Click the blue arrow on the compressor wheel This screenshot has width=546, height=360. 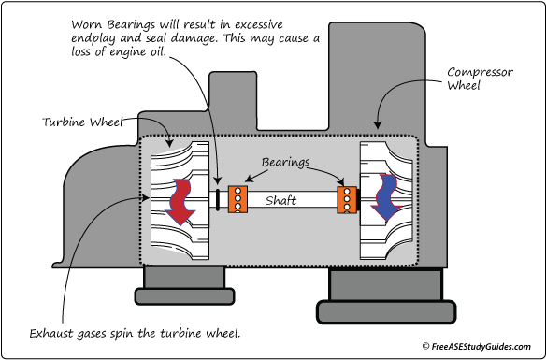click(383, 199)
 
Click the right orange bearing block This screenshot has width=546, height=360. click(348, 199)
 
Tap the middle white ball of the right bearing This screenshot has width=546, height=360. click(349, 199)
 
